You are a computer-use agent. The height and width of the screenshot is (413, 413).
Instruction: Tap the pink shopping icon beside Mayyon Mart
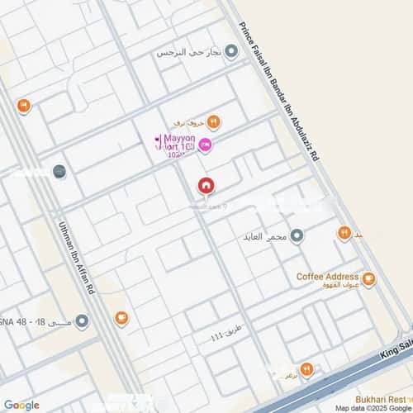[x=206, y=146]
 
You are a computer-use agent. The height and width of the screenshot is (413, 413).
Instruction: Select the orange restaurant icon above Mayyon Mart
[x=213, y=123]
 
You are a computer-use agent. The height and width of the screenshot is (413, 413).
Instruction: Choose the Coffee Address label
[x=328, y=278]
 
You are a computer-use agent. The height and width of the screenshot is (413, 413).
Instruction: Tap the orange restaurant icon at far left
[x=23, y=106]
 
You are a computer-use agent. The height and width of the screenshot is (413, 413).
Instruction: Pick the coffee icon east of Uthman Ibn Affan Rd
[x=122, y=316]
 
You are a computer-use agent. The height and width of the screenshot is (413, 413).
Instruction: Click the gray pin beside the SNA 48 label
[x=58, y=172]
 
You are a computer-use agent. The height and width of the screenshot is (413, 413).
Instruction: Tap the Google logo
[x=21, y=405]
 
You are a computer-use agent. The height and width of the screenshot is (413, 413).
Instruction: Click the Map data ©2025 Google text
[x=371, y=408]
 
